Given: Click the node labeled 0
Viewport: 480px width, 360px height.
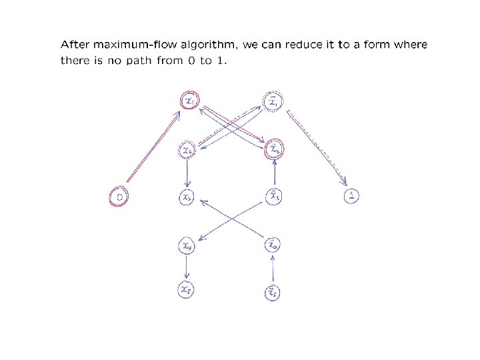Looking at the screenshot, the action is click(119, 197).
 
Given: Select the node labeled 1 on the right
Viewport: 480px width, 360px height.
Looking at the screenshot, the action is click(352, 196).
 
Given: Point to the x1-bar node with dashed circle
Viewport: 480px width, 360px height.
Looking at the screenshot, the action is click(273, 103).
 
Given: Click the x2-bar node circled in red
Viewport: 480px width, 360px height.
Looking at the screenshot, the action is click(273, 150).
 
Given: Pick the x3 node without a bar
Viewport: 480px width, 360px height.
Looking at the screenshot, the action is click(187, 197).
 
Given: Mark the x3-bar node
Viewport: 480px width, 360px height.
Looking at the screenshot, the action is click(273, 197).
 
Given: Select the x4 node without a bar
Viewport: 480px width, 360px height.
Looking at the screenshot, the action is click(187, 246).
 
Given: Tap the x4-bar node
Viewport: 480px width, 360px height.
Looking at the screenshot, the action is click(273, 246).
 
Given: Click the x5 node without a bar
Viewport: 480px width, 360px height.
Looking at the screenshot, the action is click(187, 290).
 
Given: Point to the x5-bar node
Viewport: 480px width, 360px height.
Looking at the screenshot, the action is click(273, 291).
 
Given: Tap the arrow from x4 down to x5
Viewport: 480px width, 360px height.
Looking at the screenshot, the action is click(187, 268).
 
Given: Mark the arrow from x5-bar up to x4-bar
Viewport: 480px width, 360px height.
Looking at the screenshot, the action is click(273, 269).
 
